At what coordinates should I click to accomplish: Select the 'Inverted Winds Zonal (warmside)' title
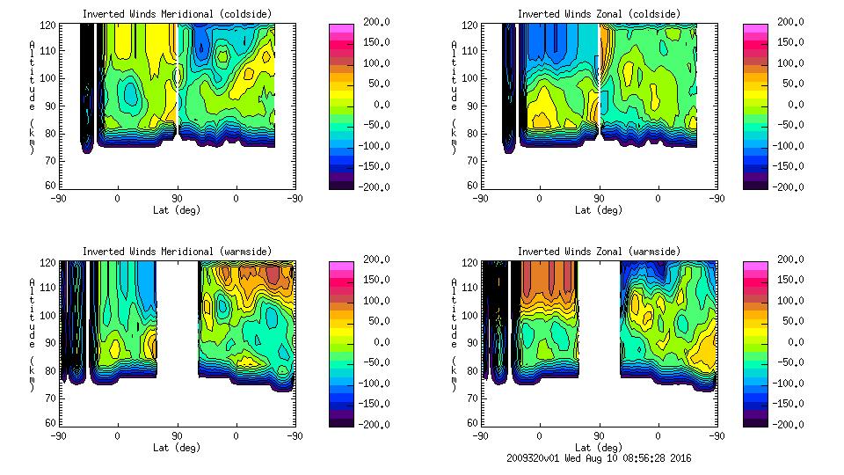(x=599, y=252)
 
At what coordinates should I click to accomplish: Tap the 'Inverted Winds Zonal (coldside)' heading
(x=599, y=14)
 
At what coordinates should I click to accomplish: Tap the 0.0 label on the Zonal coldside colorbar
(x=795, y=105)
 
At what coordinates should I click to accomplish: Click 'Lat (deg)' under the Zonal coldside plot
(x=599, y=210)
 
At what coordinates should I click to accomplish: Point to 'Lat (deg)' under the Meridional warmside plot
(x=176, y=448)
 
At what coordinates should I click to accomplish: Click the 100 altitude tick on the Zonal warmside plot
(x=470, y=315)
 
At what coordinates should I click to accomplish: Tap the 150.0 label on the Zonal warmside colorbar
(x=789, y=280)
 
